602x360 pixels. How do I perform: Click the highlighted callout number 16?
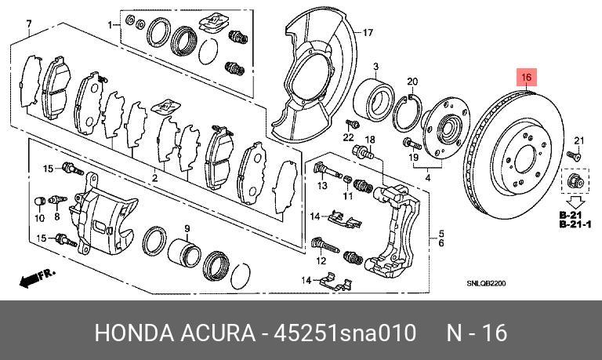(x=527, y=78)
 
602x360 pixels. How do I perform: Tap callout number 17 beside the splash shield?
(x=364, y=32)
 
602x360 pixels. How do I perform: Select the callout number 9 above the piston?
(x=187, y=228)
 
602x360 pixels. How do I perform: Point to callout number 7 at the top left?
(x=29, y=23)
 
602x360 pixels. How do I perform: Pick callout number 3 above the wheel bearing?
(x=375, y=67)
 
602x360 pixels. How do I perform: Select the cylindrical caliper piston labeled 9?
(x=185, y=253)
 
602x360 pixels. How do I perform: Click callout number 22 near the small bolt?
(x=349, y=137)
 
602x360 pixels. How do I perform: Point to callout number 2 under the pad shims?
(x=155, y=179)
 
